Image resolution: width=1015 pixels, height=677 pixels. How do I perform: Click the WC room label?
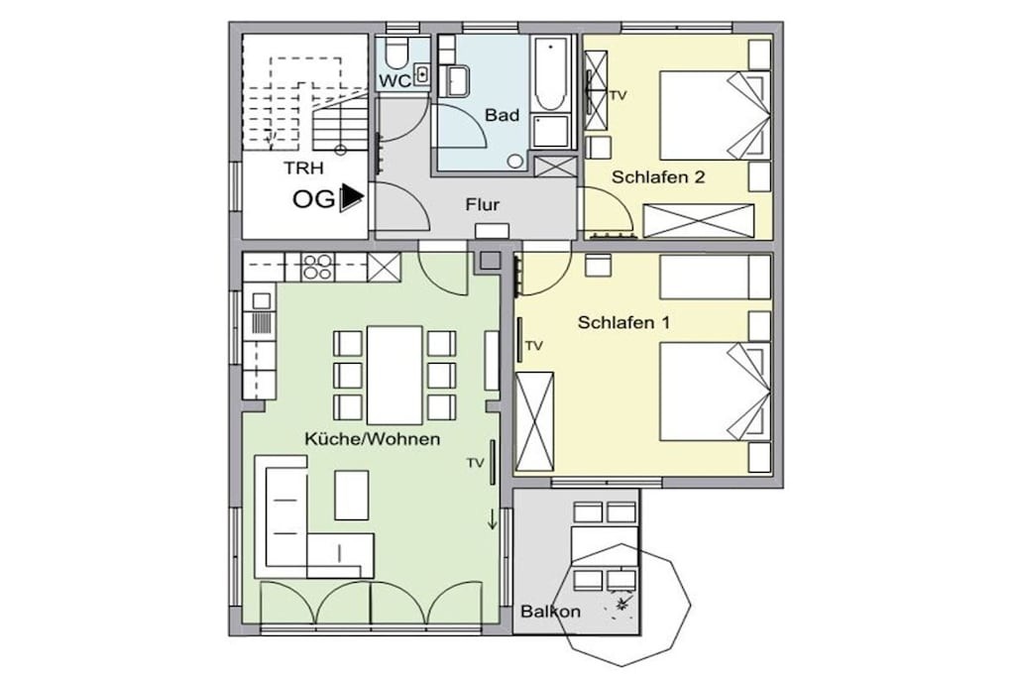click(395, 81)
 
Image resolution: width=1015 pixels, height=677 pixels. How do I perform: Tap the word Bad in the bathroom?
click(503, 115)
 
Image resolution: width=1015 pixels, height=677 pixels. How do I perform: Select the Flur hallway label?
click(483, 205)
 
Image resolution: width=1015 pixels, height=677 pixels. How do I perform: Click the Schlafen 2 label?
click(658, 177)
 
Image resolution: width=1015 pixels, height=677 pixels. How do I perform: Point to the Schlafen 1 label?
click(624, 322)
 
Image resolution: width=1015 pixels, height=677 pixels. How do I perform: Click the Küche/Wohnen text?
click(373, 439)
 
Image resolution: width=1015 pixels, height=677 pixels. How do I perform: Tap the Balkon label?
click(551, 611)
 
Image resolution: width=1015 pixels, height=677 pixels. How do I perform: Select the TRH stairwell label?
click(303, 169)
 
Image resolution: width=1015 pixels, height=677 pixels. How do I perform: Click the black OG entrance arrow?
click(352, 197)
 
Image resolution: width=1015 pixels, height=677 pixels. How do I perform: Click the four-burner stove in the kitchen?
click(318, 267)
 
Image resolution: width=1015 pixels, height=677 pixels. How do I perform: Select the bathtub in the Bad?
click(550, 73)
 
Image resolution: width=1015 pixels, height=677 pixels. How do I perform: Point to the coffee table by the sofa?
click(352, 496)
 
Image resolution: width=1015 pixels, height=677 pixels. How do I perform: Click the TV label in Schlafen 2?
click(619, 96)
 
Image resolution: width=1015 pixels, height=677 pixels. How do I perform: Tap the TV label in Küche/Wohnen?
click(476, 463)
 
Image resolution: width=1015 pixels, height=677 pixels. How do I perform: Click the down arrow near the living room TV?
click(492, 519)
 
